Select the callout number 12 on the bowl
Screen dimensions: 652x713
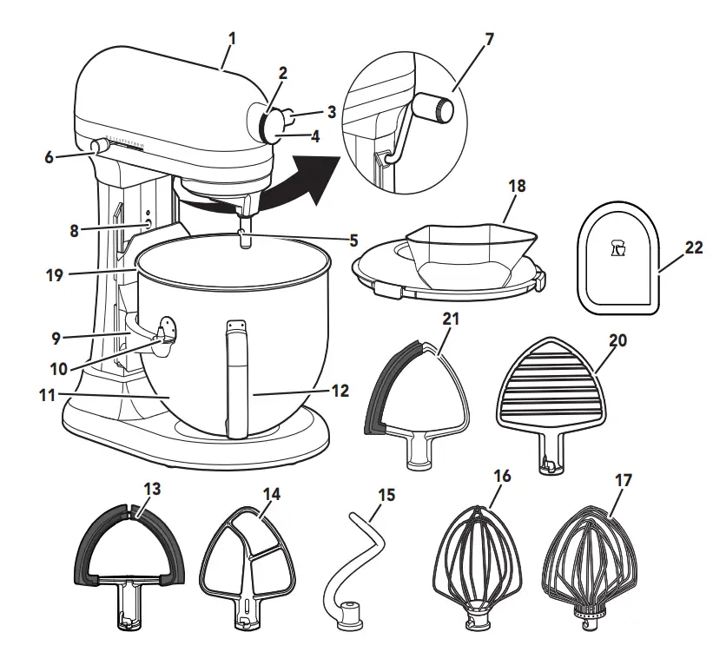coord(340,392)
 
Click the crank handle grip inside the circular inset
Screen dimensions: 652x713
coord(432,109)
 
